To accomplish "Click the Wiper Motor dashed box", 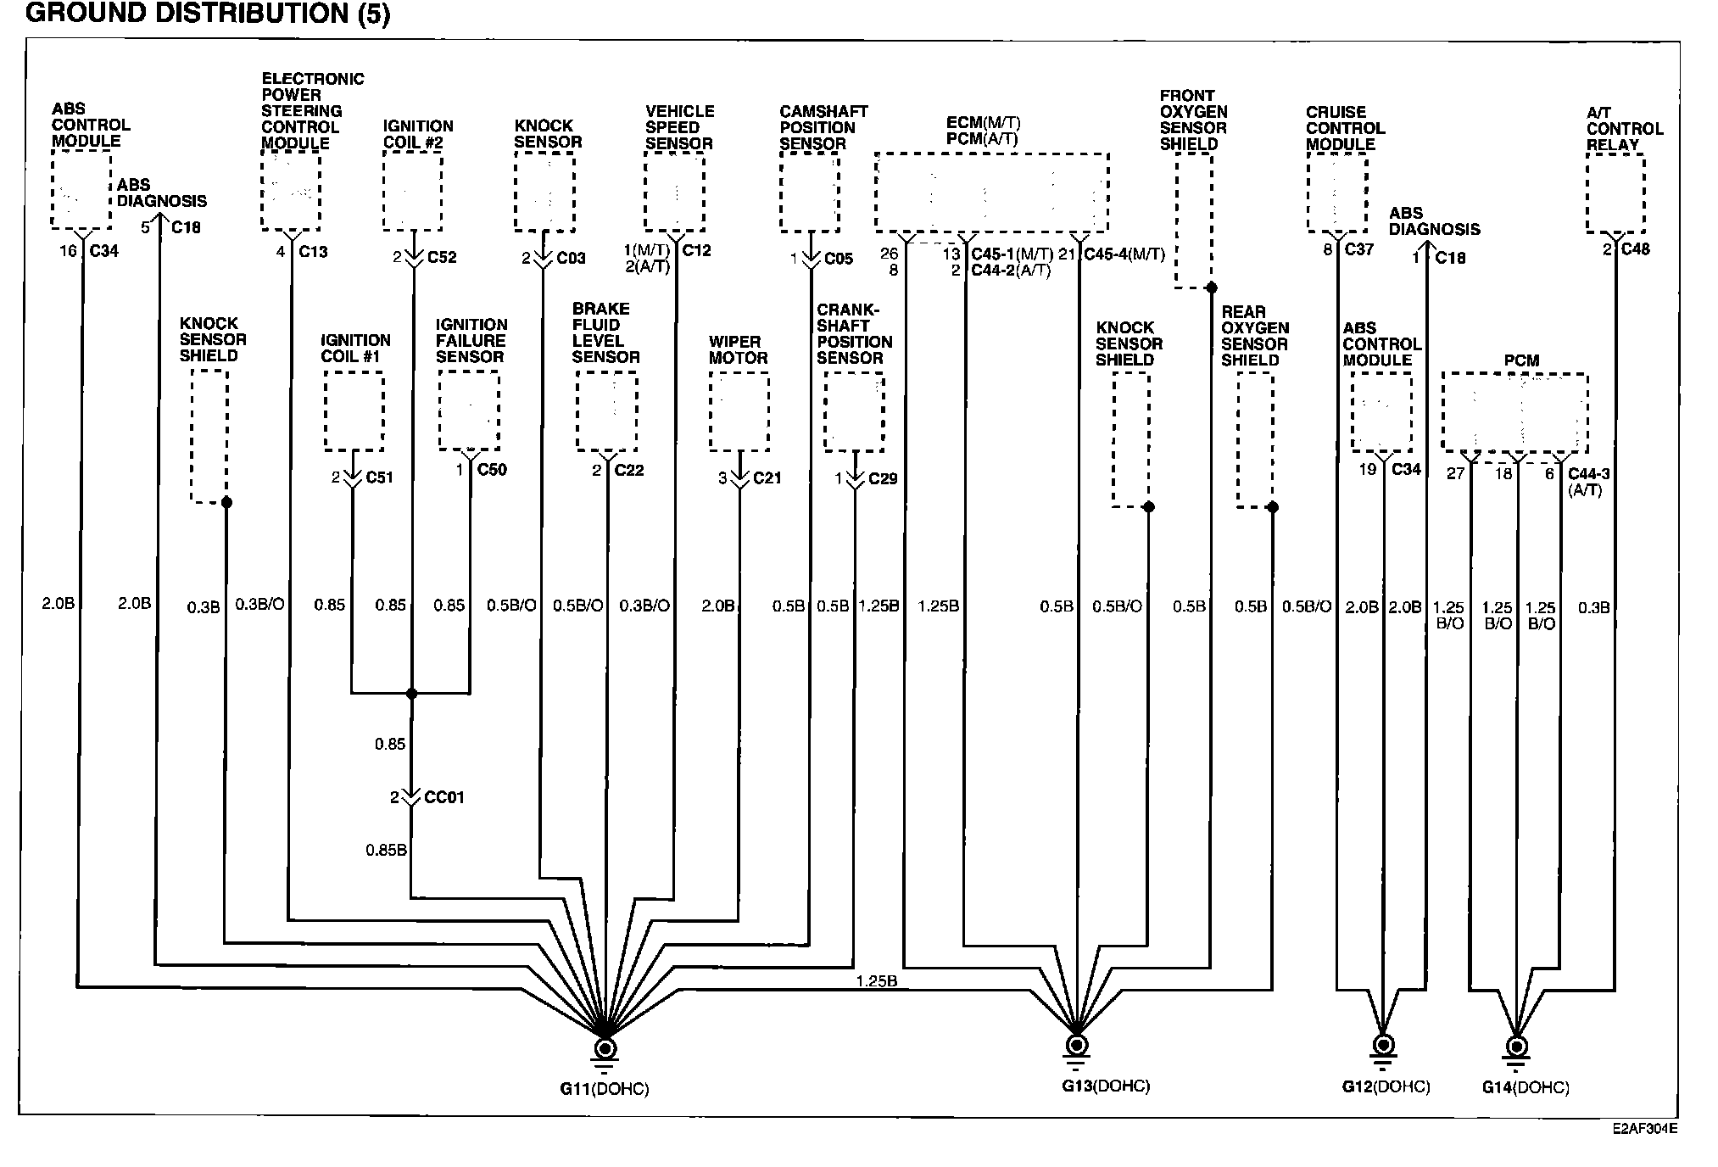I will point(739,411).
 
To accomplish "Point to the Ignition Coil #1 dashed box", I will point(354,411).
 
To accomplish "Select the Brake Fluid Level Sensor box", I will point(606,411).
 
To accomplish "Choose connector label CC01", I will point(444,798).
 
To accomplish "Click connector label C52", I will point(442,257).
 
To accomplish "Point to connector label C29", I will point(883,479).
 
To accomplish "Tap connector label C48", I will point(1636,249).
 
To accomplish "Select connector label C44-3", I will point(1588,475).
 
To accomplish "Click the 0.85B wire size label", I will point(386,850).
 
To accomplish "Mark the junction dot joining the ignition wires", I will point(412,694).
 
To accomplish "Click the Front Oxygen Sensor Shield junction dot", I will point(1211,288).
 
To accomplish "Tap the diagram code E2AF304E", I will point(1644,1129).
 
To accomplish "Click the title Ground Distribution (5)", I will point(209,14).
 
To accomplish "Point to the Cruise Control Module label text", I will point(1345,128).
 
